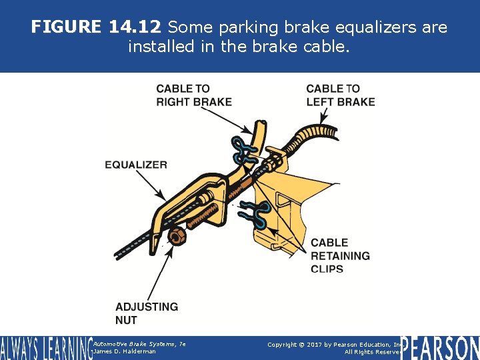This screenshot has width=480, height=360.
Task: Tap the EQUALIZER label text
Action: pos(136,165)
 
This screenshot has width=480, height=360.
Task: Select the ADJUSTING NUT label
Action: pos(147,313)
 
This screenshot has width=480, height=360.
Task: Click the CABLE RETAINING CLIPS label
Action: pos(340,256)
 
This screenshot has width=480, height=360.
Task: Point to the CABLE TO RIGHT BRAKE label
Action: pos(194,95)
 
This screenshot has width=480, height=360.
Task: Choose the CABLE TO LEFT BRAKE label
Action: pos(340,95)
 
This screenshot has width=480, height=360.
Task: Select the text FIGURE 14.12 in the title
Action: pos(96,28)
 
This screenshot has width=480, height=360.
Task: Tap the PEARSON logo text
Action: pos(441,347)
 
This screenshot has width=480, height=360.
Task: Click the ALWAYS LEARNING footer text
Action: pos(45,348)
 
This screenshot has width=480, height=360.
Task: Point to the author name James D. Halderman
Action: pos(125,352)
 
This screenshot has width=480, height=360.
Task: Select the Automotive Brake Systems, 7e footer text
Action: pos(139,343)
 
